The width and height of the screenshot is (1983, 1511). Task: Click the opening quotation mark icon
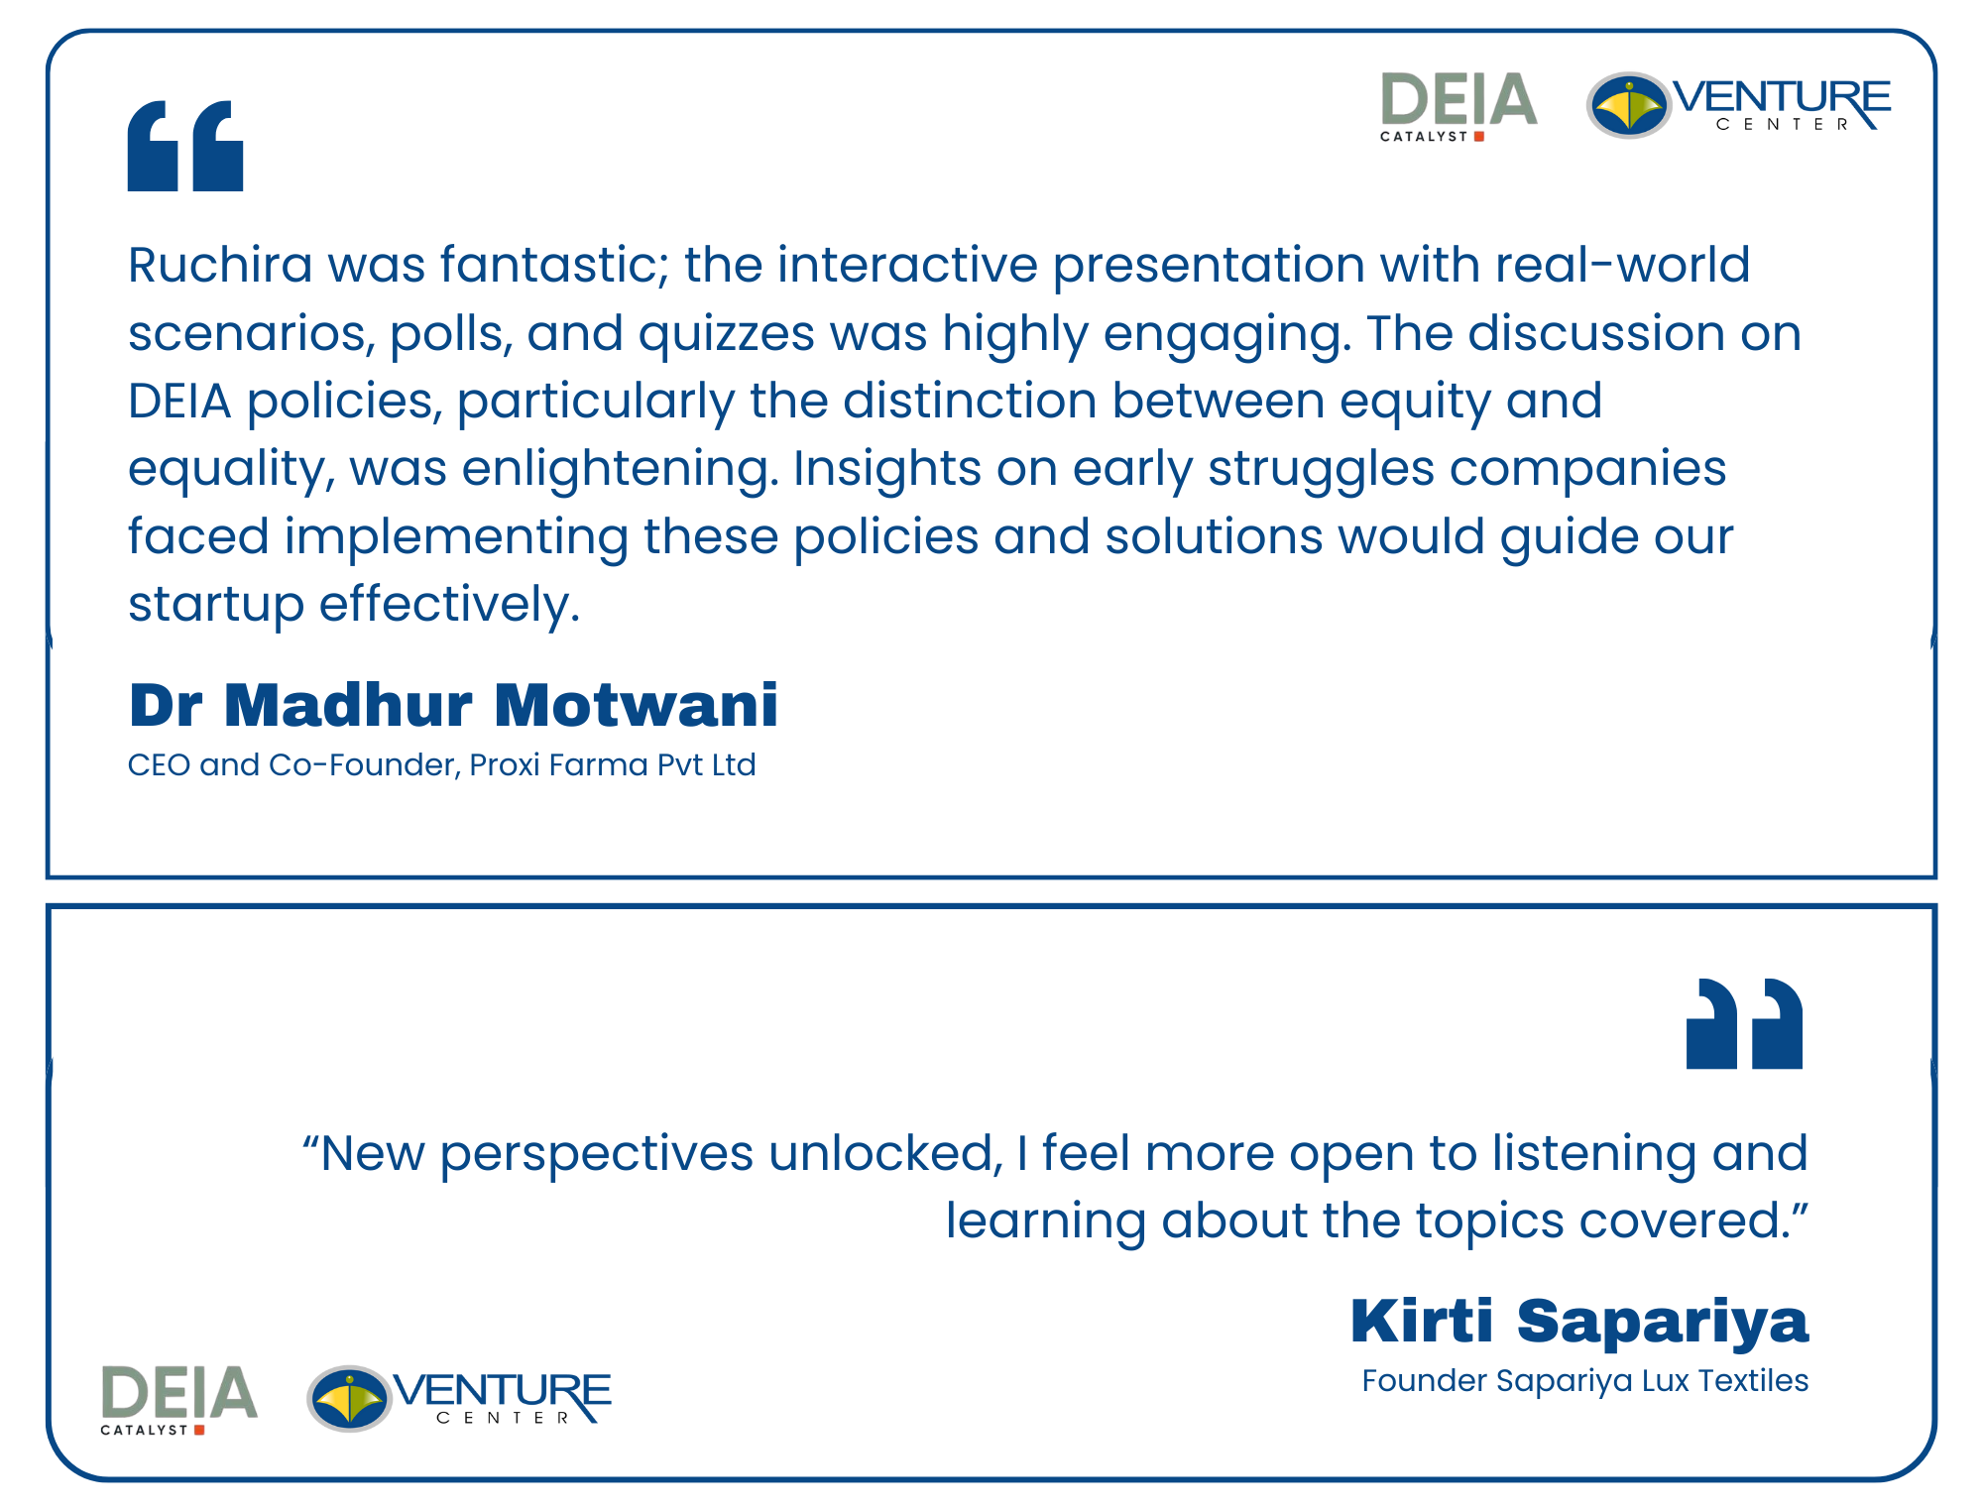pyautogui.click(x=185, y=146)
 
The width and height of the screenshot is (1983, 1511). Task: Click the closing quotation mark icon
pyautogui.click(x=1744, y=1024)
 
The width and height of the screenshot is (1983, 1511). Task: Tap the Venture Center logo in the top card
pyautogui.click(x=1738, y=105)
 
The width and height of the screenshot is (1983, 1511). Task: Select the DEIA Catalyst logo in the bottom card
pyautogui.click(x=179, y=1400)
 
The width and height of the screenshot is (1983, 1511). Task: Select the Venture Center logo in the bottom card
pyautogui.click(x=459, y=1399)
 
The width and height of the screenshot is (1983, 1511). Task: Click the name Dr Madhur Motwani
pyautogui.click(x=453, y=705)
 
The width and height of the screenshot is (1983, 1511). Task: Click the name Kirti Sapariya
pyautogui.click(x=1579, y=1323)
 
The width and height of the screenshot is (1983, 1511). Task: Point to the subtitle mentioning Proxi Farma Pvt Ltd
pyautogui.click(x=442, y=765)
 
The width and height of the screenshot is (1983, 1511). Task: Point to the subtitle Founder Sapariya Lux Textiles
pyautogui.click(x=1585, y=1381)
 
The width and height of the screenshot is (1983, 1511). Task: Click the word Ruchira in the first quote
pyautogui.click(x=220, y=266)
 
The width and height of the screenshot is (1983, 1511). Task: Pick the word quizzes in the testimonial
pyautogui.click(x=727, y=335)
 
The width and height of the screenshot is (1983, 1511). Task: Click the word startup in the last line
pyautogui.click(x=216, y=606)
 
